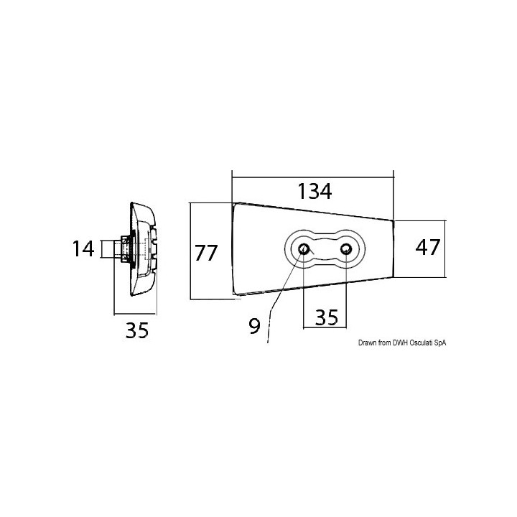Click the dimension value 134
point(314,192)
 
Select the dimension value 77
point(206,253)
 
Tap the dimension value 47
point(428,248)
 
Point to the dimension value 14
point(83,249)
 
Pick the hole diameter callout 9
point(254,327)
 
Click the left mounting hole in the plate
point(304,249)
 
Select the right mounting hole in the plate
point(347,249)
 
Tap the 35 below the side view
point(136,331)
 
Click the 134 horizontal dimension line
point(313,174)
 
